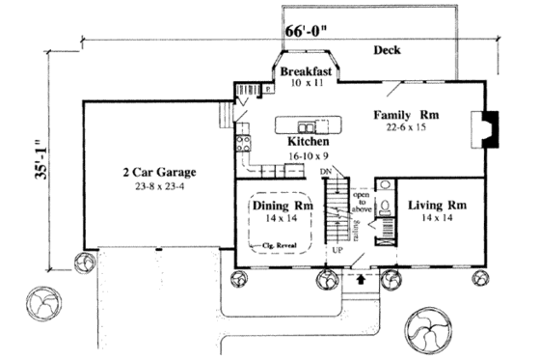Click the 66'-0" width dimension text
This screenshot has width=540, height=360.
pyautogui.click(x=308, y=30)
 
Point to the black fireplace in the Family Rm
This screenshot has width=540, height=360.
pyautogui.click(x=490, y=128)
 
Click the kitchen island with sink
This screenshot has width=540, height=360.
pyautogui.click(x=306, y=125)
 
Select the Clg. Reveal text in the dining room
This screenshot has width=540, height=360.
pyautogui.click(x=281, y=247)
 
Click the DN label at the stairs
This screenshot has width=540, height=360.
pyautogui.click(x=326, y=172)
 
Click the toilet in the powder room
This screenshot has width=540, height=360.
pyautogui.click(x=384, y=206)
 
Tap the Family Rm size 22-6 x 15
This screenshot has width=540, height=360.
pyautogui.click(x=406, y=126)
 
